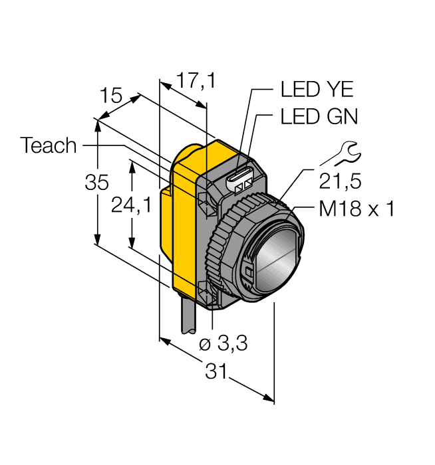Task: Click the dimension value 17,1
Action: tap(196, 82)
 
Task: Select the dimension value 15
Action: tap(110, 96)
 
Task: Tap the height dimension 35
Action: tap(97, 183)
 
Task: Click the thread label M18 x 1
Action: tap(357, 209)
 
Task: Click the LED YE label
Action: tap(317, 90)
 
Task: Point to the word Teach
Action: tap(49, 145)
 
